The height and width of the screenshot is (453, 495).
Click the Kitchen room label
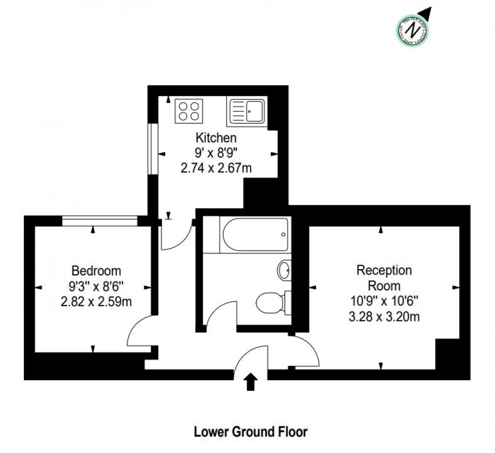coord(216,137)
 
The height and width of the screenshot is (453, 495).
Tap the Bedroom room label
coord(96,271)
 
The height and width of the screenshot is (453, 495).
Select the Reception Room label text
coord(384,277)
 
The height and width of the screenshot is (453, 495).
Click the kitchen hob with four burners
coord(188,110)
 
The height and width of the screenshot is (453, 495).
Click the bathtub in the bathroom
coord(254,235)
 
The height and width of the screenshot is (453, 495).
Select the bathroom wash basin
coord(284,270)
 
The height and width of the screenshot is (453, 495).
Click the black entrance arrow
coord(251,381)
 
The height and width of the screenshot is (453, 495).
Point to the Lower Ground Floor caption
coord(251,431)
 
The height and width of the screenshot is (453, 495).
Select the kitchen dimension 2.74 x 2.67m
coord(216,168)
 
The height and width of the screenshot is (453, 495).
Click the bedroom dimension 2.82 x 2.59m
coord(96,302)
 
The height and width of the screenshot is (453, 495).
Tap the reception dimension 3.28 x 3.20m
coord(384,318)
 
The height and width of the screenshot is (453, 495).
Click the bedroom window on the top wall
coord(100,221)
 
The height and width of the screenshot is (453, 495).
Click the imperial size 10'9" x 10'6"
coord(384,301)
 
